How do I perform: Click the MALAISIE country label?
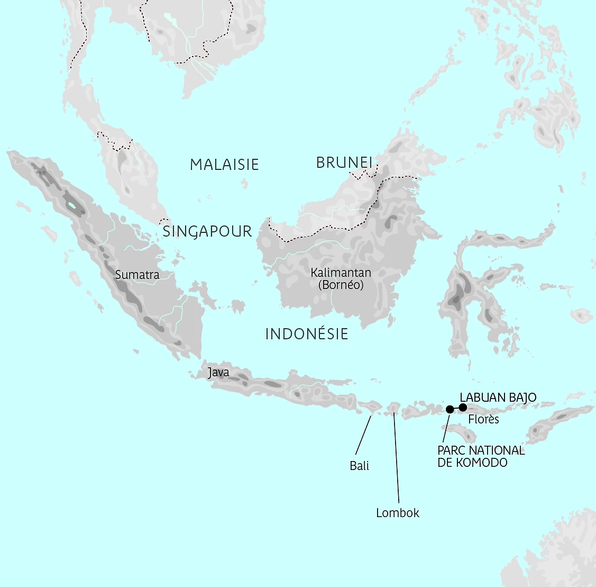pyautogui.click(x=224, y=165)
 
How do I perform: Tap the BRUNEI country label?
pyautogui.click(x=344, y=162)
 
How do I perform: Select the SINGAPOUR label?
pyautogui.click(x=207, y=231)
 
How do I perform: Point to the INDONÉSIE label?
pyautogui.click(x=307, y=334)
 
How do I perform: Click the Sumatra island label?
pyautogui.click(x=137, y=275)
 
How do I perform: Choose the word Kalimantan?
pyautogui.click(x=341, y=273)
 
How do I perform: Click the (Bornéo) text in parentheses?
pyautogui.click(x=341, y=285)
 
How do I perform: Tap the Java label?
pyautogui.click(x=218, y=373)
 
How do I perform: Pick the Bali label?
pyautogui.click(x=360, y=466)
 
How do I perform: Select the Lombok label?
pyautogui.click(x=398, y=512)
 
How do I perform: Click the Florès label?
pyautogui.click(x=484, y=419)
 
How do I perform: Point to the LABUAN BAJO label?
pyautogui.click(x=498, y=397)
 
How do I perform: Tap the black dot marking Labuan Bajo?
pyautogui.click(x=463, y=407)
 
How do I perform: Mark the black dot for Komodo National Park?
pyautogui.click(x=450, y=409)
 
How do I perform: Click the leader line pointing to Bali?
pyautogui.click(x=363, y=435)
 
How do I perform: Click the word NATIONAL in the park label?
pyautogui.click(x=497, y=450)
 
